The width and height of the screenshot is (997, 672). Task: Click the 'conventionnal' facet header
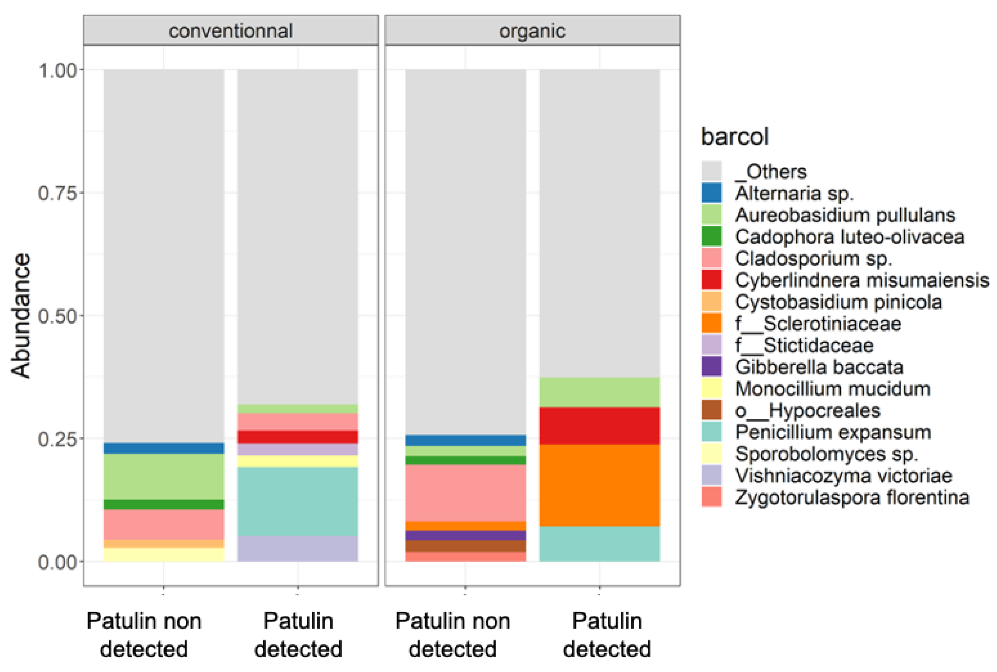(231, 31)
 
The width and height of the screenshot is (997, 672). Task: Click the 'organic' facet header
(532, 31)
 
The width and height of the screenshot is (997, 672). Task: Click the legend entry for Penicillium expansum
(833, 432)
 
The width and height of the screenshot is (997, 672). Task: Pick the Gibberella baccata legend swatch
(711, 367)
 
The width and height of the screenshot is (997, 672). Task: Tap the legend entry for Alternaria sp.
(794, 193)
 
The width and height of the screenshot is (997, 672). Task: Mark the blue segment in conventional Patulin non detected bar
(164, 448)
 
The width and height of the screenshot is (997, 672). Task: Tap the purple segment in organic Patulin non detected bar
(465, 535)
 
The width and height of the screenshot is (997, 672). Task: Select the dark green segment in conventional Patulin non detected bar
(164, 504)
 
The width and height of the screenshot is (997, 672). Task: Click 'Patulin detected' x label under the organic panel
(607, 635)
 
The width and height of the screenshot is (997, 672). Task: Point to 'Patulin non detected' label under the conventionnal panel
(144, 635)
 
